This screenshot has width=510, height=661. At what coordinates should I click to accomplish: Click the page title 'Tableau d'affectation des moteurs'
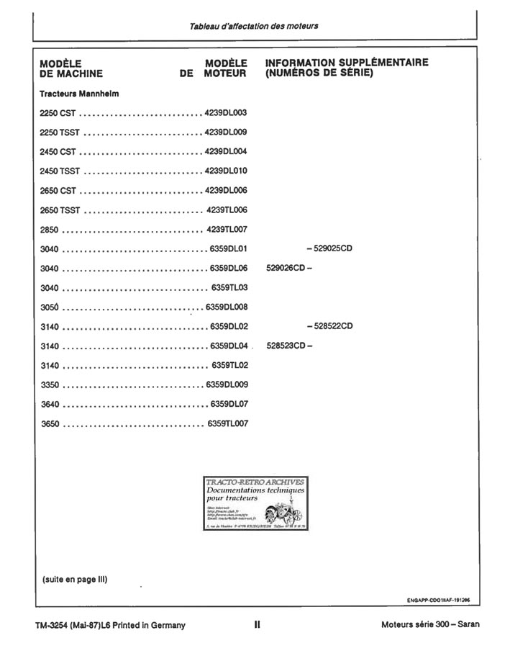pos(254,26)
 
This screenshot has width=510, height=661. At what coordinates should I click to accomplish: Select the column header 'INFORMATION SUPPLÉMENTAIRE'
pos(347,63)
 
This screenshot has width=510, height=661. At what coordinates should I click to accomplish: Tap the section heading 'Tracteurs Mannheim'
pos(79,94)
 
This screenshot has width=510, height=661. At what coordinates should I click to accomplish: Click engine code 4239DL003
pos(226,113)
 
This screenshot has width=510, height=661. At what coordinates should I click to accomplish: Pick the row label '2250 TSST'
pos(60,132)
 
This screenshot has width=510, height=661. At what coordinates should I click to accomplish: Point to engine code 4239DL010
pos(226,171)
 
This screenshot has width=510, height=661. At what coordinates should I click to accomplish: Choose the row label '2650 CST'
pos(58,191)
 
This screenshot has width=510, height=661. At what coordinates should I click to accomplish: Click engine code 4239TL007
pos(227,230)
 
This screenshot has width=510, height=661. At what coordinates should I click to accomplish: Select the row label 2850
pos(50,230)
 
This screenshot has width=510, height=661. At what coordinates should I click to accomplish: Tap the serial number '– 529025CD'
pos(329,249)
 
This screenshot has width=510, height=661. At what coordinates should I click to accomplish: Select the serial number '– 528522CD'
pos(329,326)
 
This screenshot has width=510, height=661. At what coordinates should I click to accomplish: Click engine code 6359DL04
pos(229,346)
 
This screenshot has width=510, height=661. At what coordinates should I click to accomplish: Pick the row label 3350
pos(50,385)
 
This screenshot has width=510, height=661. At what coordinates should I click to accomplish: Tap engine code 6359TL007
pos(228,423)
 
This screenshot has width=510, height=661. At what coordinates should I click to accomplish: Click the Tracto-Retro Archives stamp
pos(255,503)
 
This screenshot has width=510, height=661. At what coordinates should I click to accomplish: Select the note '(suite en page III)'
pos(75,579)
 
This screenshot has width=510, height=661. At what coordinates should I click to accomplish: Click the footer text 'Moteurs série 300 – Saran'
pos(430,625)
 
